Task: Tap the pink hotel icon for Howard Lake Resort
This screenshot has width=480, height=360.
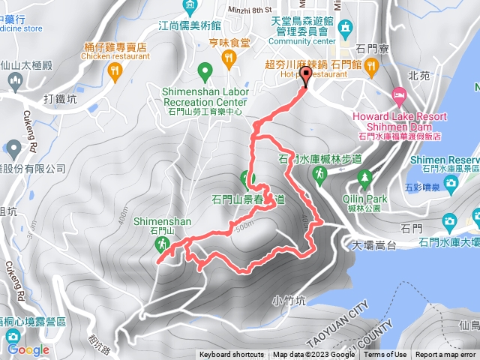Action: coord(397,97)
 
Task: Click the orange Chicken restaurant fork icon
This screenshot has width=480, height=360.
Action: coord(114,71)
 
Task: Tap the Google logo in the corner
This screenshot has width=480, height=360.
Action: coord(28,349)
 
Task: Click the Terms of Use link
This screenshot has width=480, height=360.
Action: coord(385,355)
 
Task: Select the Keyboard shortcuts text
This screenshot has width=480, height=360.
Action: coord(231,355)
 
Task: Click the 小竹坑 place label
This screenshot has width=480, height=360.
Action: coord(289,301)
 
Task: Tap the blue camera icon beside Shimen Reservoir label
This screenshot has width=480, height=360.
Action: coord(450,183)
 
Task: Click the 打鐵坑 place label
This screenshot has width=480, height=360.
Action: coord(60,99)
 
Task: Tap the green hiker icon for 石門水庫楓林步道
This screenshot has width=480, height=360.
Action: coord(320,175)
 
